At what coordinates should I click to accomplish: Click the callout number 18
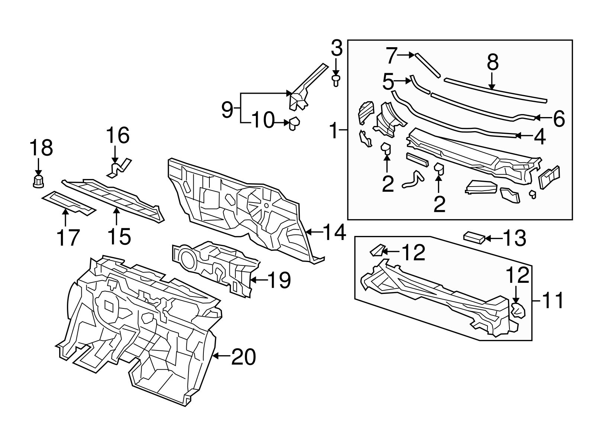coord(41,148)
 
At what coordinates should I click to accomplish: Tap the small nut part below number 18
coord(38,181)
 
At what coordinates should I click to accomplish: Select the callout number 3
coord(336,49)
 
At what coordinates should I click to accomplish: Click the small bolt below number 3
coord(336,80)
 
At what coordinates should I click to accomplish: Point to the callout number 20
coord(244,357)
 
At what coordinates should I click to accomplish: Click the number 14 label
coord(334,232)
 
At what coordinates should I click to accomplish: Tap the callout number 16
coord(118,135)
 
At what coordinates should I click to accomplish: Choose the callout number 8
coord(492,62)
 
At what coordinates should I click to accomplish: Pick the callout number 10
coord(263,121)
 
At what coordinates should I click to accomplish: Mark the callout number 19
coord(279,280)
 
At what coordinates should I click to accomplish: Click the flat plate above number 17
coord(69,203)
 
